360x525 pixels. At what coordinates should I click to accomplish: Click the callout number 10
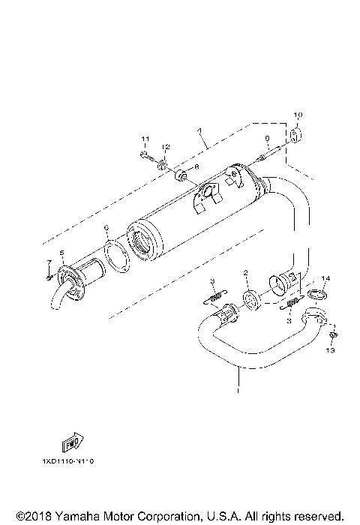coord(297,115)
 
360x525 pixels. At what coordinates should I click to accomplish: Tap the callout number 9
coord(265,139)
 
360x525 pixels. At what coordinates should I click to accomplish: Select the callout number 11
coord(146,140)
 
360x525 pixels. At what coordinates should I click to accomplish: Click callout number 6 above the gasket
coord(106,227)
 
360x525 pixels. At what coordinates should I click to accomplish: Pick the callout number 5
coord(62,253)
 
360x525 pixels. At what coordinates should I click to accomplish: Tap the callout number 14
coord(325,278)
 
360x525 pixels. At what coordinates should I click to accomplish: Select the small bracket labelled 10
coord(297,135)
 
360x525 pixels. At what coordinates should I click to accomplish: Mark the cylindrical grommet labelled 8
coord(181,177)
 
